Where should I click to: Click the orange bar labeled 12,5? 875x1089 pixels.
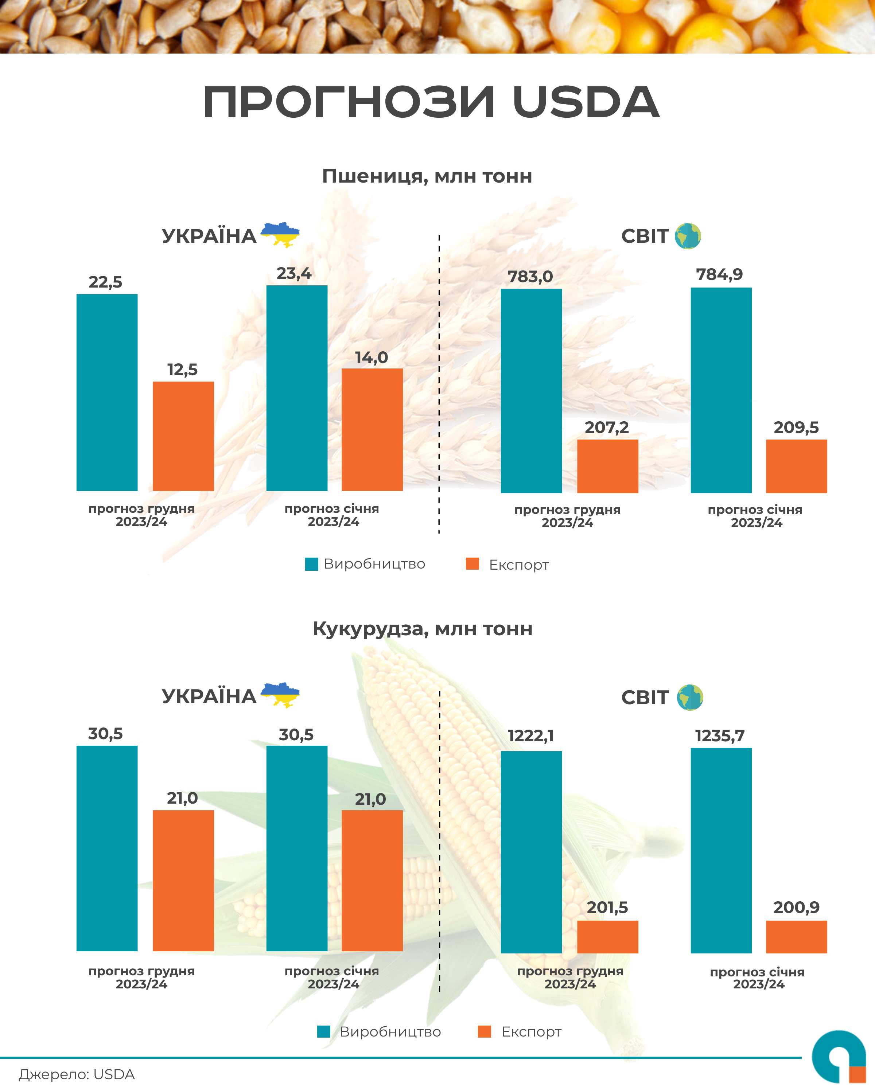pos(183,436)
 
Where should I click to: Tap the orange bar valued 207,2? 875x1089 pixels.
pos(607,466)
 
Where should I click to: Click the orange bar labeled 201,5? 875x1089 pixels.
pos(607,937)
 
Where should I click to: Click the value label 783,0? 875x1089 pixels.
pos(530,276)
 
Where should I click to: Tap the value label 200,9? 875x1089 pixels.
pos(796,907)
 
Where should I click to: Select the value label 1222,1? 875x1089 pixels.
pos(530,736)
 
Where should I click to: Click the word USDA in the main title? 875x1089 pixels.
pos(586,102)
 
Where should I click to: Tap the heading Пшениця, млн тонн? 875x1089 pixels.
pos(427,176)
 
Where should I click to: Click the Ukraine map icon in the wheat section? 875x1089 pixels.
pos(280,234)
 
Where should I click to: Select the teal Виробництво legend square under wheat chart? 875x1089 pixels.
pos(312,564)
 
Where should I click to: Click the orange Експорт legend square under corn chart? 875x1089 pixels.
pos(485,1031)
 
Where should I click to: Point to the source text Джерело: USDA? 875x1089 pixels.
pos(77,1074)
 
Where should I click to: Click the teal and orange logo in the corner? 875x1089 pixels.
pos(839,1057)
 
